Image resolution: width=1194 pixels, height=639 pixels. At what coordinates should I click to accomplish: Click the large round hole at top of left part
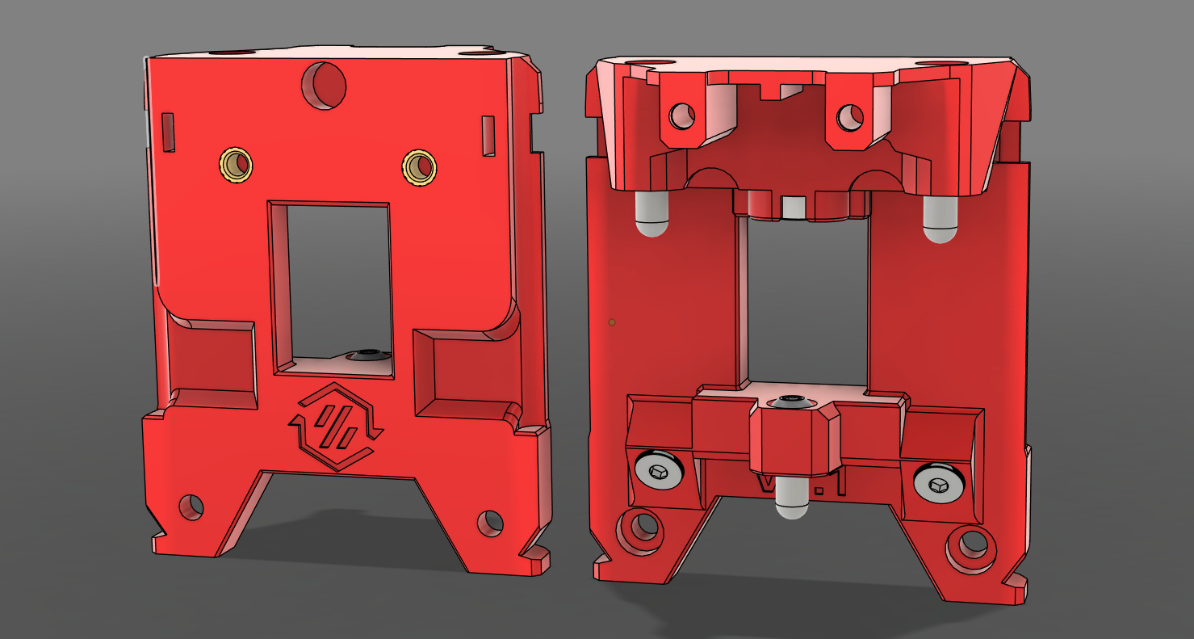324,85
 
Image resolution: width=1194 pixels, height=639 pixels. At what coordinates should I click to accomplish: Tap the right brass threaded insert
420,167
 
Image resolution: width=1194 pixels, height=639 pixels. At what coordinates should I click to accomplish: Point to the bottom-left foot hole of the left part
191,507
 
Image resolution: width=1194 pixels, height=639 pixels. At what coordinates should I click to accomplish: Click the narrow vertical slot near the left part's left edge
168,132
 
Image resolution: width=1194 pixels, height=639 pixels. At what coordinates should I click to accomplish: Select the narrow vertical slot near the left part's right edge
488,135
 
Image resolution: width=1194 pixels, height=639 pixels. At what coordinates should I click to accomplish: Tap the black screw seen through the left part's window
368,355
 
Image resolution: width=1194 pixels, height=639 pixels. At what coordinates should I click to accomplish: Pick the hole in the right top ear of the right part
849,119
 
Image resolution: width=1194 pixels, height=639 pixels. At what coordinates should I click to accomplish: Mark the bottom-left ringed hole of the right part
643,527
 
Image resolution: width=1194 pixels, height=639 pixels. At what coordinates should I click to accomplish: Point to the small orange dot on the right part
612,322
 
